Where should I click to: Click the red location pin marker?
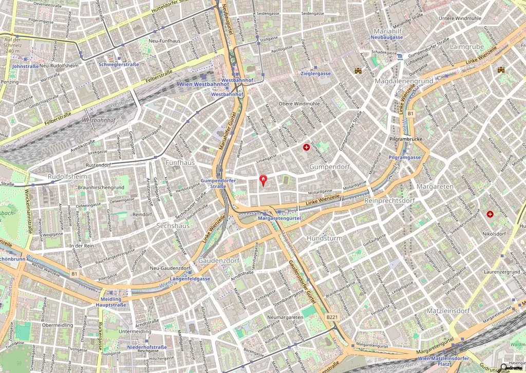pyautogui.click(x=264, y=180)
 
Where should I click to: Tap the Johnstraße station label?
pyautogui.click(x=25, y=66)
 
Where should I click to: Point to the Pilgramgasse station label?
pyautogui.click(x=405, y=157)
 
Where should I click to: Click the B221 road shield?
pyautogui.click(x=332, y=318)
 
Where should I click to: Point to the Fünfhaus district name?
pyautogui.click(x=180, y=162)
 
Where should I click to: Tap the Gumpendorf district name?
pyautogui.click(x=329, y=167)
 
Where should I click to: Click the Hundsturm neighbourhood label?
pyautogui.click(x=324, y=238)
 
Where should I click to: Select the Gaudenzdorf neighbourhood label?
pyautogui.click(x=219, y=260)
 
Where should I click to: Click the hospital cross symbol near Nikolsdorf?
pyautogui.click(x=490, y=214)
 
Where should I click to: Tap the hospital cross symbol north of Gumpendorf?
pyautogui.click(x=307, y=147)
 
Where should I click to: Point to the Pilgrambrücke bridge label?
pyautogui.click(x=405, y=139)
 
